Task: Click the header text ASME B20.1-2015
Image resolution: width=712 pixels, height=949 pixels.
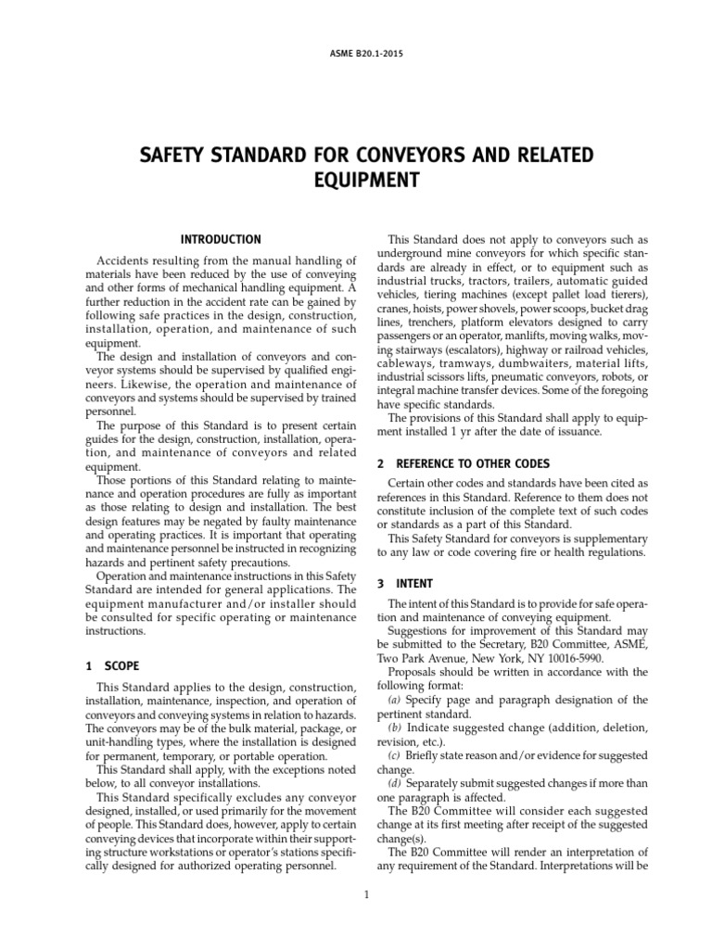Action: pyautogui.click(x=356, y=54)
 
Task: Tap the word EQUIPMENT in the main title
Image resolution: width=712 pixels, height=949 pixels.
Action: pyautogui.click(x=356, y=179)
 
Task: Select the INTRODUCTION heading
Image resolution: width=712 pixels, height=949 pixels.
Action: pyautogui.click(x=221, y=239)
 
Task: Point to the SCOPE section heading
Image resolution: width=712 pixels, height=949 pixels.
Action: pyautogui.click(x=122, y=665)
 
